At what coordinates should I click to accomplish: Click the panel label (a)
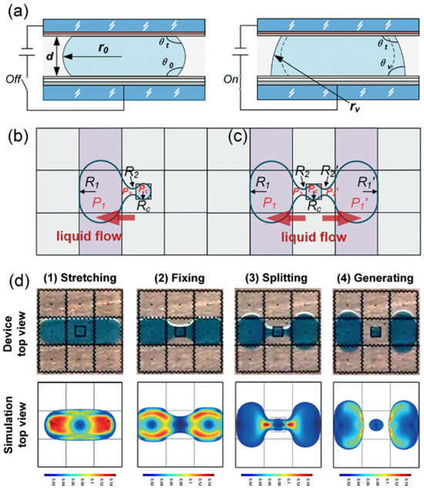pos(19,12)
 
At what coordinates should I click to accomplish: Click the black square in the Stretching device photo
pos(79,331)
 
